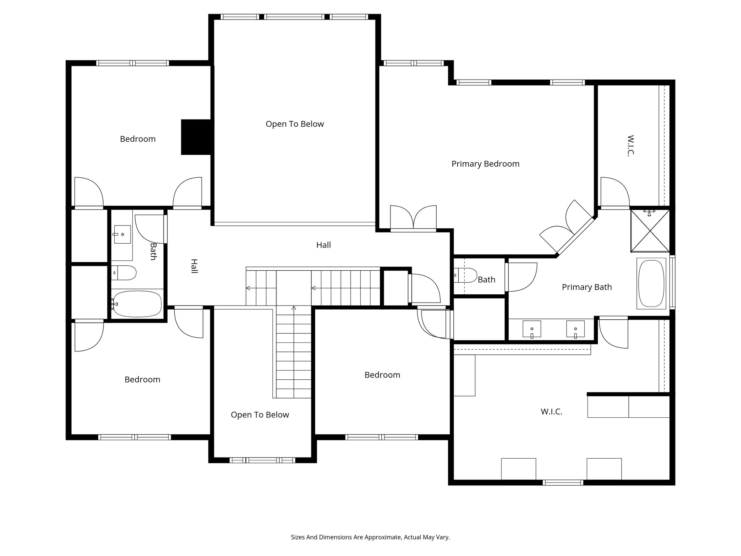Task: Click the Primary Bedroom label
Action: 485,164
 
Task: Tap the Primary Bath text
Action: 587,287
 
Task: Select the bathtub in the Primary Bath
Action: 651,283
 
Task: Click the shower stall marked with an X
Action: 650,231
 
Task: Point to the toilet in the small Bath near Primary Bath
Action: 467,275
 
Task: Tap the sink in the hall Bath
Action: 122,234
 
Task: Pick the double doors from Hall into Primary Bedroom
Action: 413,218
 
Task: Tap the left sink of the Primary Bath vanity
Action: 532,329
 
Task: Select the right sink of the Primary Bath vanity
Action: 575,329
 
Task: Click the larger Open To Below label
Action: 295,124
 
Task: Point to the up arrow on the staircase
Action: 294,308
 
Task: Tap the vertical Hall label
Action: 194,266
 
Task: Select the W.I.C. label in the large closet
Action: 551,412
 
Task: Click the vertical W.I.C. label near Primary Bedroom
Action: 631,146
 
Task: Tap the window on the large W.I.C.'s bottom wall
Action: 563,482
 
